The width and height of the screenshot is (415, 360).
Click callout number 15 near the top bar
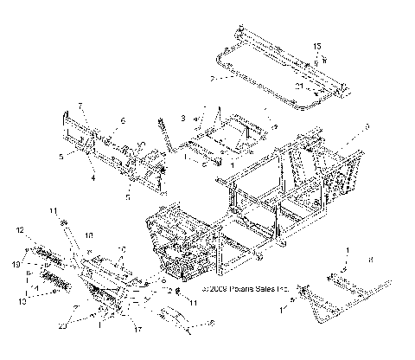pos(316,45)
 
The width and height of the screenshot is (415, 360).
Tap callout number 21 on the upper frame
pos(298,87)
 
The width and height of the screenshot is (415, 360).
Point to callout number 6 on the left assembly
pos(123,120)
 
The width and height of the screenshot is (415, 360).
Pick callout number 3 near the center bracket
pos(183,116)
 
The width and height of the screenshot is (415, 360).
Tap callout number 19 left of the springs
pos(17,261)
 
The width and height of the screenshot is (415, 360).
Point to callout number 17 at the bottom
pos(137,329)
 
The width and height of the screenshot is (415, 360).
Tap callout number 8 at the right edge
pos(370,259)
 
